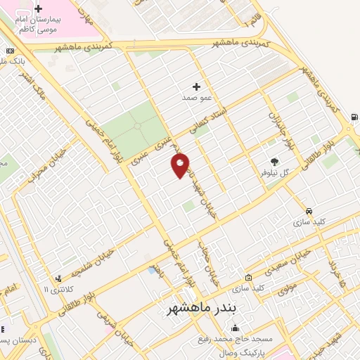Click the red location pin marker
181,165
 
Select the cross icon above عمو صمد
196,86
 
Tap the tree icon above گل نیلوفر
274,161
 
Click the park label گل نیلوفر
274,172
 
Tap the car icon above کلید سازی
309,211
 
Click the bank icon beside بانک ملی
9,51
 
